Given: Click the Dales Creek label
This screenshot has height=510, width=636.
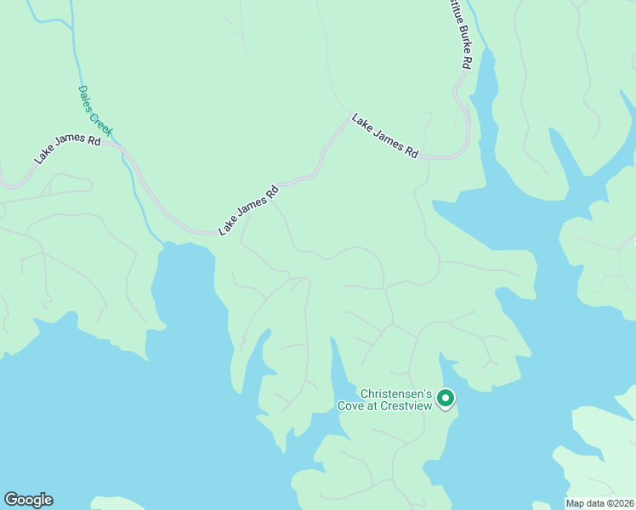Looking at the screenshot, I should coord(95,110).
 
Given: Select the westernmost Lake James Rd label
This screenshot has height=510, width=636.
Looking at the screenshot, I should coord(68,147).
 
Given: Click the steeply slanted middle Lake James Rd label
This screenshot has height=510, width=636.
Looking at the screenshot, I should coord(248,212).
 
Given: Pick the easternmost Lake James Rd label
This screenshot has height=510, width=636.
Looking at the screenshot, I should coord(385,136).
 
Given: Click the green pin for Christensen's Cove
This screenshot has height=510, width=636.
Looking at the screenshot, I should coord(446,398).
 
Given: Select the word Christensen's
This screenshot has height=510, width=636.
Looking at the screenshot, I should coord(397,394).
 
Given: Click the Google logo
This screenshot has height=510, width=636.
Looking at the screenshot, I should coord(28,500).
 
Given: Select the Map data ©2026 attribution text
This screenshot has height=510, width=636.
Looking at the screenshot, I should coord(599,503).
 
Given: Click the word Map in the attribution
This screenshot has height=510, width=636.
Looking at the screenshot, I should coord(576,503).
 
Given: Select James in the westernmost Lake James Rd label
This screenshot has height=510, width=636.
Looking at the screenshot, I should coord(70,146).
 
